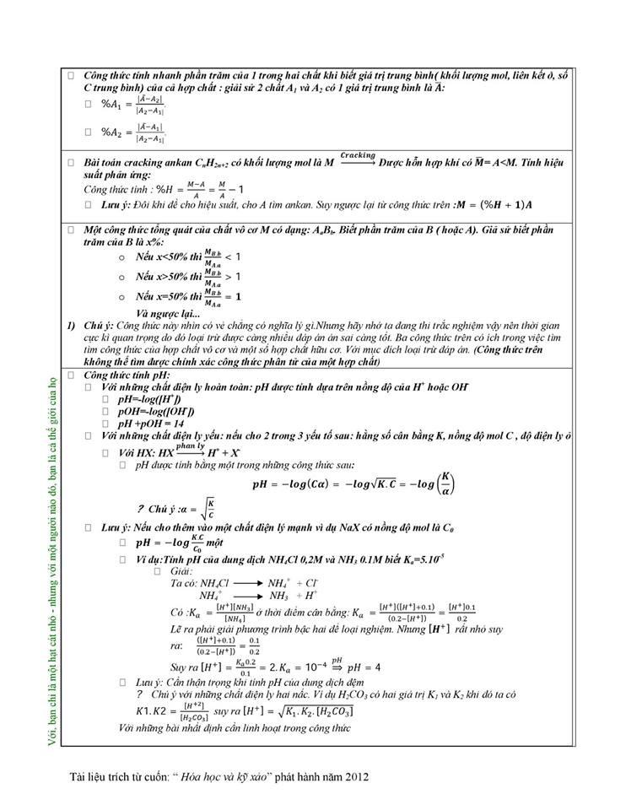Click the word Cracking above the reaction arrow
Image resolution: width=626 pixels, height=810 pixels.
(358, 156)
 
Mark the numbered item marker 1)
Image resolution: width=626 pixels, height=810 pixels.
(73, 326)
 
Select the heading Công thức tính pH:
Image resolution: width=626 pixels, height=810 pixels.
(127, 374)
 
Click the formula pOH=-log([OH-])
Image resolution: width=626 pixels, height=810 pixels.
(155, 411)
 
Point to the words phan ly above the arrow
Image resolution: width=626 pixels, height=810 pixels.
(190, 445)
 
